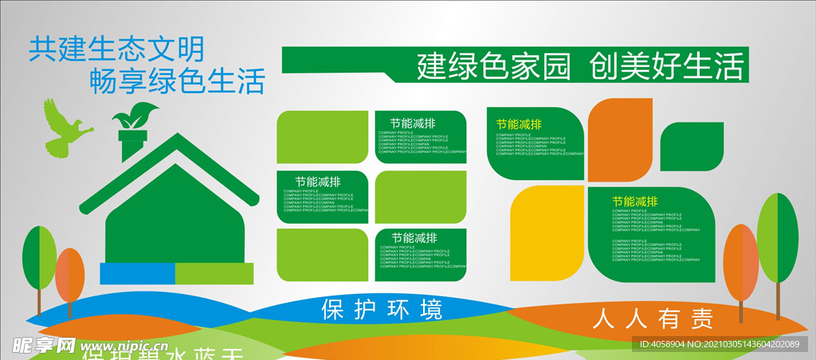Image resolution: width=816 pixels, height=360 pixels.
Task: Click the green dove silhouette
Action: (64, 129)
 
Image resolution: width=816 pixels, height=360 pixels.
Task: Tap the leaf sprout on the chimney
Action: (130, 117)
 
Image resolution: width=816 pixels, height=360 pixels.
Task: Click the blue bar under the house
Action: (137, 273)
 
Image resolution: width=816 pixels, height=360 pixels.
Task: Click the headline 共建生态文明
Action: (116, 49)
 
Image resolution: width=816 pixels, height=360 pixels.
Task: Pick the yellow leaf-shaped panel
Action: (546, 235)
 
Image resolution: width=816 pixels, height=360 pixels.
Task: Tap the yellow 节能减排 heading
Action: (519, 124)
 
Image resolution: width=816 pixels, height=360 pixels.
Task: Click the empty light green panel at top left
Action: (323, 139)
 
